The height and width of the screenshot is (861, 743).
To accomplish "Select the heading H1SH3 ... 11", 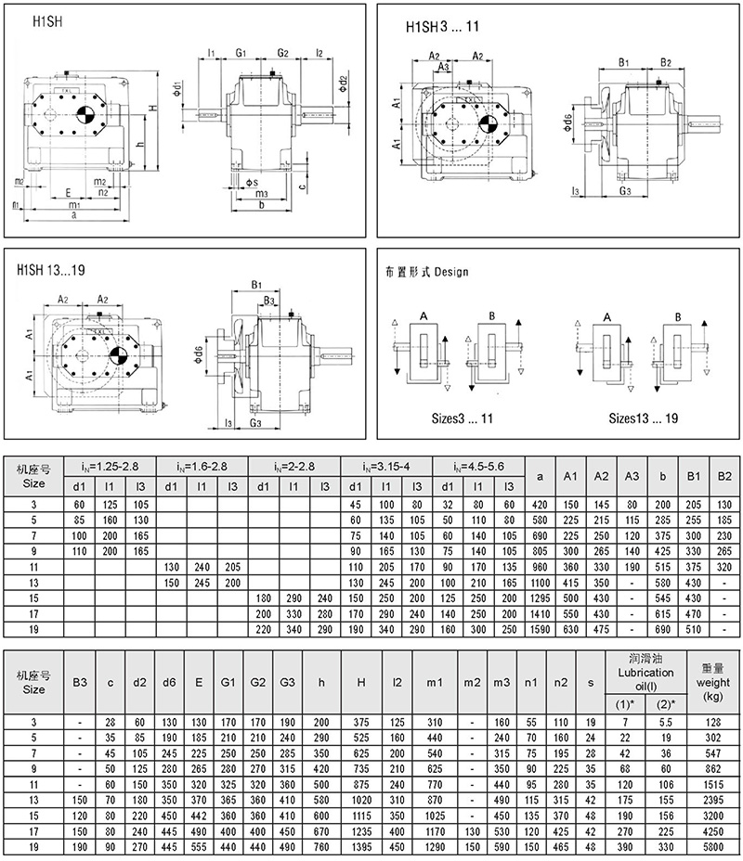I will click(x=443, y=28).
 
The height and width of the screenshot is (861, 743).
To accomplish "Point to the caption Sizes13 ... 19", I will click(x=643, y=418).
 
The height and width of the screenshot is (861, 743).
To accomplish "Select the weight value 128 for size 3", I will click(x=712, y=722).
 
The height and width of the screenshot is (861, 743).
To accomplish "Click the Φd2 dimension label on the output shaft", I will click(x=343, y=84).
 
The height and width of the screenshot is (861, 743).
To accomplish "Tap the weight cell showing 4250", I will click(x=712, y=830).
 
